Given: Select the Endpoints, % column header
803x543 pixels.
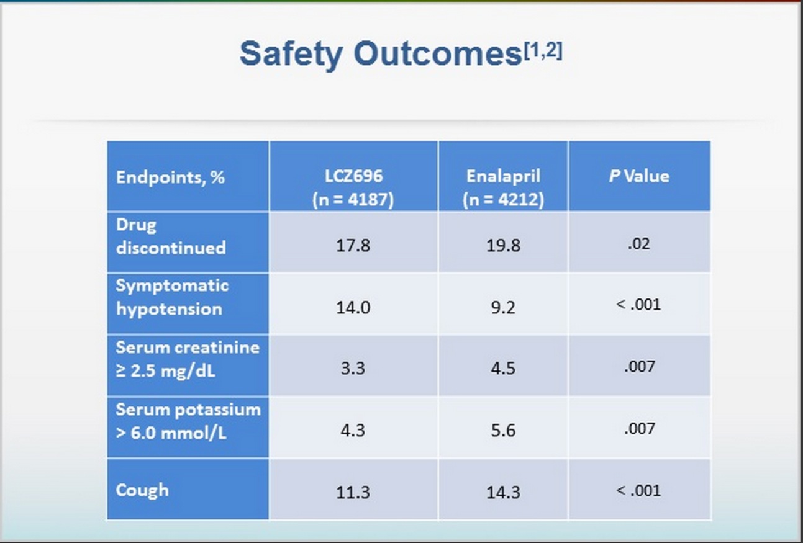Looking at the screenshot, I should [x=170, y=177].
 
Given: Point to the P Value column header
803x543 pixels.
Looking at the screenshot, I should [x=639, y=176].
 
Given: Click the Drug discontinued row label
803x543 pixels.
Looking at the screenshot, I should [x=171, y=236].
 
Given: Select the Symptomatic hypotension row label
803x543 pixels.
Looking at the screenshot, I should [x=172, y=297].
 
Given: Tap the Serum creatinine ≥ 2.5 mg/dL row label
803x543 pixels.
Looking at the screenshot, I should [x=188, y=359].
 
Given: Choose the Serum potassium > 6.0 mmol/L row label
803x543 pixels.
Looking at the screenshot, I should [x=188, y=421].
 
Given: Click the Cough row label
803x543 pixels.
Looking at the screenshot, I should [x=142, y=490].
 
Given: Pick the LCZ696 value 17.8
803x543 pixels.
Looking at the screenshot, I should [x=353, y=245].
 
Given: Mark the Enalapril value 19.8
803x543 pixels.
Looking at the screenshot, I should [x=503, y=245].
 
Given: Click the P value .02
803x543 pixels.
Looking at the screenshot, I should [x=639, y=244].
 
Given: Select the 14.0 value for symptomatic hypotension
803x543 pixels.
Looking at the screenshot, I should [x=353, y=307].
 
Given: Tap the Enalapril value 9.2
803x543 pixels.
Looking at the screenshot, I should [x=503, y=307].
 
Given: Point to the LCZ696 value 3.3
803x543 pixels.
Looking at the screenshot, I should [x=353, y=368].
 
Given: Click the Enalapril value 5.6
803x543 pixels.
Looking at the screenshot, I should [x=503, y=430].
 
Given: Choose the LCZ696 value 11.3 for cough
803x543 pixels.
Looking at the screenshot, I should [x=353, y=492].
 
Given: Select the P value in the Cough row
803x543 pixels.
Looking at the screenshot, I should [x=639, y=490].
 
